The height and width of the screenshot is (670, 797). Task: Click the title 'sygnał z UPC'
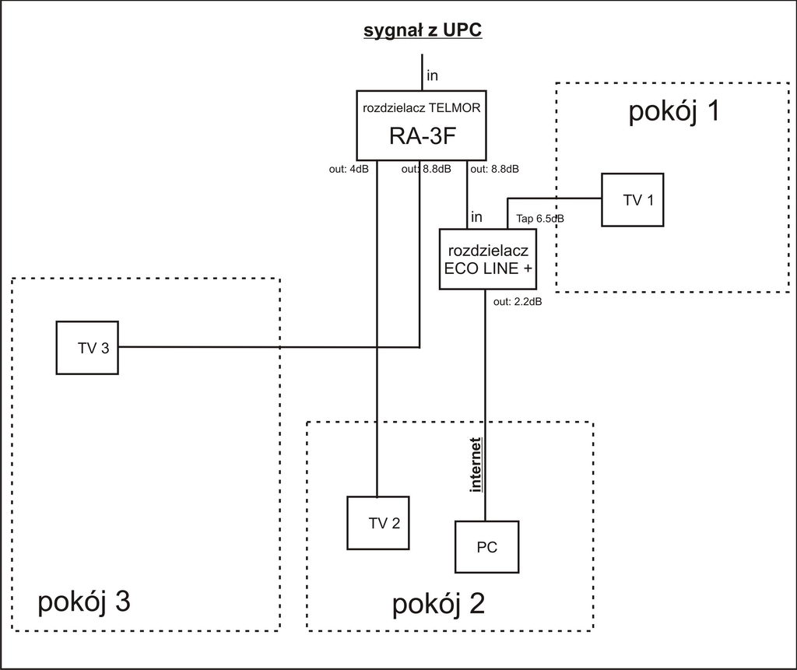423,30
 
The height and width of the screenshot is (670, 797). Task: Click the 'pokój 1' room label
675,110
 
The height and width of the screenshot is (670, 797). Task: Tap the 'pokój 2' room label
438,604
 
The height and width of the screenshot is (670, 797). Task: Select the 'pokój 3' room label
84,602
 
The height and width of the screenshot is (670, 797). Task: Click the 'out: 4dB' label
349,170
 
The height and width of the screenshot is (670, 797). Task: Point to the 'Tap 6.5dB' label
540,219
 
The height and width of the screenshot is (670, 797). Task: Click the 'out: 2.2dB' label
518,302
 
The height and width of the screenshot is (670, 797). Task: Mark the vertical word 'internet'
476,465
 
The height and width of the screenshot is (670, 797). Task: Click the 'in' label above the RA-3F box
432,75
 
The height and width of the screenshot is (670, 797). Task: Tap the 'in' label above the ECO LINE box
476,217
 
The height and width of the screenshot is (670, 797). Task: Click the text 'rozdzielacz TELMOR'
421,107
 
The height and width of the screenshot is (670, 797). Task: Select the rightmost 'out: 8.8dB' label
494,170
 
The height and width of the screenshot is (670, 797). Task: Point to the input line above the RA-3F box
422,72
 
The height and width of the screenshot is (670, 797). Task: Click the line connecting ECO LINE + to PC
485,405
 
